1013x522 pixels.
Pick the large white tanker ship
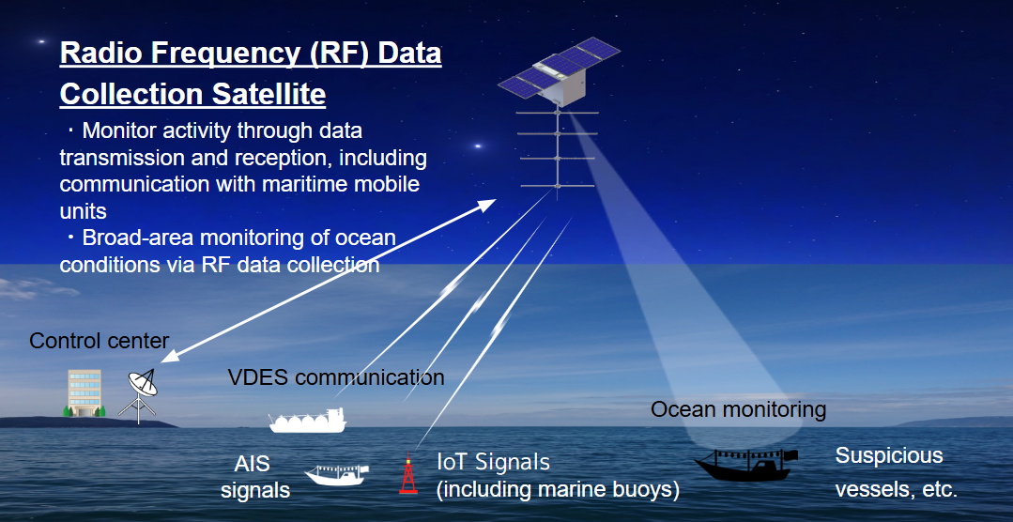coord(308,421)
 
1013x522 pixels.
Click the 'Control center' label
coord(100,340)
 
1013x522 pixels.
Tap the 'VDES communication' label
coord(336,378)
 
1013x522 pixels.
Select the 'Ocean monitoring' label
coord(738,409)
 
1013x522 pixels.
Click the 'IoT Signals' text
coord(493,462)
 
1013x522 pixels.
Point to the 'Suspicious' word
coord(889,456)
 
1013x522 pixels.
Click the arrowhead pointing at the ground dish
coord(166,357)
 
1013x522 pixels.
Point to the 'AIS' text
coord(253,464)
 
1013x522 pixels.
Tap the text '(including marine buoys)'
coord(558,489)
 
